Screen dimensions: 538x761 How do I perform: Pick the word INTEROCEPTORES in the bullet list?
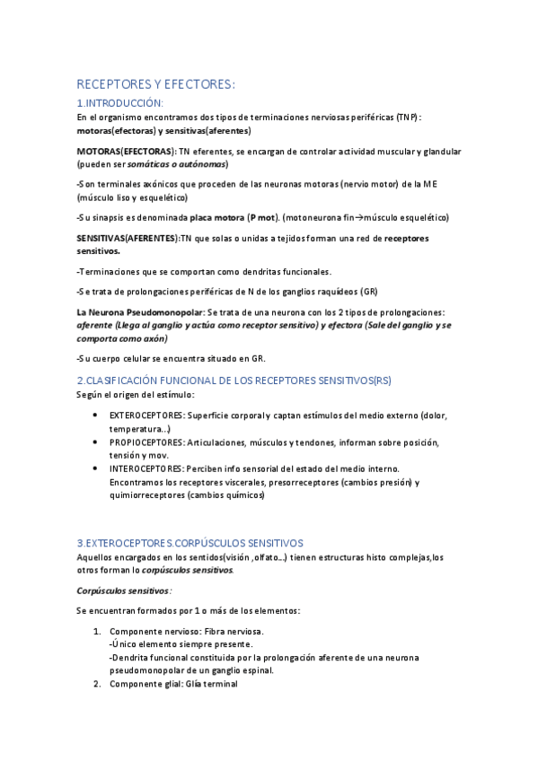click(x=146, y=468)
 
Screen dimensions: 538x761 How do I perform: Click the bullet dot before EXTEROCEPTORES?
click(x=96, y=415)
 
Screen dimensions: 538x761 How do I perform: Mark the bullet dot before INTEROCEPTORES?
click(x=96, y=468)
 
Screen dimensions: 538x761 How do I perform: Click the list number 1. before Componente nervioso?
click(x=98, y=631)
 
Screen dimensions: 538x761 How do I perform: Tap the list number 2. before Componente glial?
click(x=98, y=684)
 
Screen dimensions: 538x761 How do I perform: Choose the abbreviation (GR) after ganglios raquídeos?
click(x=368, y=292)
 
